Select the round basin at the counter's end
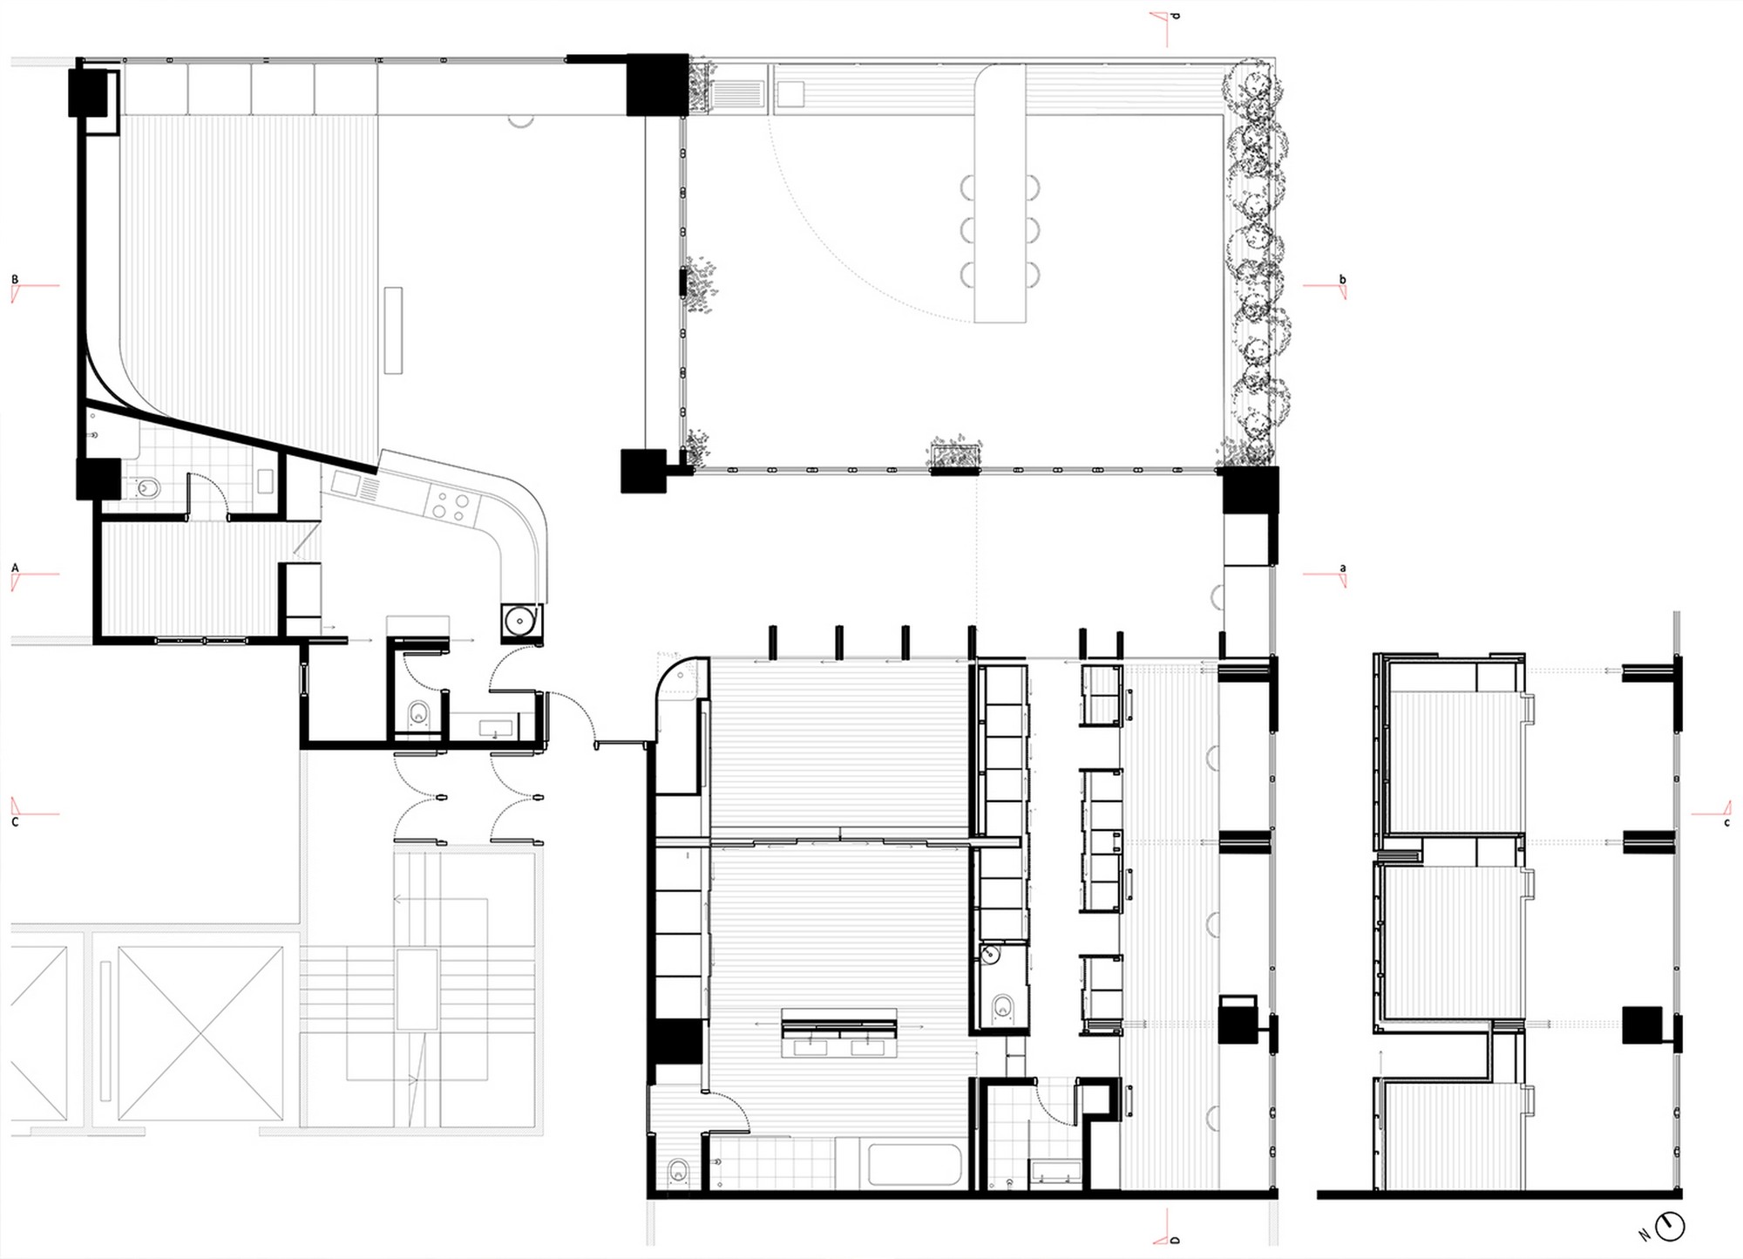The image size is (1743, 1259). (x=521, y=621)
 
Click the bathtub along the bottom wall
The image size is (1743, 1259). (x=915, y=1165)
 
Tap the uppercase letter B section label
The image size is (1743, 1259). (x=15, y=280)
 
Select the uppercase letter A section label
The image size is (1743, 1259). (x=15, y=568)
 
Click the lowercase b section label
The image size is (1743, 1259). (x=1342, y=280)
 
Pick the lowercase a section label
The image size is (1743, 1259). (x=1342, y=568)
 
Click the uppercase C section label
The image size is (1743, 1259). (x=15, y=821)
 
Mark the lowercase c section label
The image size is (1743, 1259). (x=1726, y=822)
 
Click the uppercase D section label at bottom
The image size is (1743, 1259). (x=1175, y=1240)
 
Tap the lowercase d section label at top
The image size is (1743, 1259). (x=1175, y=15)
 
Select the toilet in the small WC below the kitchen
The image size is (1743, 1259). (x=420, y=713)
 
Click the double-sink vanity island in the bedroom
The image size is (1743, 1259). (x=839, y=1033)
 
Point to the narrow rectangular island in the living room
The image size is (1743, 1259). (x=393, y=330)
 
